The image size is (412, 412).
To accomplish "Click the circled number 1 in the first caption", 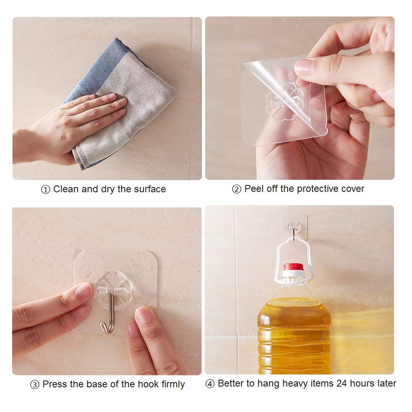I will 46,189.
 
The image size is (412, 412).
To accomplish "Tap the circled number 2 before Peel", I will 236,189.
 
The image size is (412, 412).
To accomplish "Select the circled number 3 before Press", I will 35,385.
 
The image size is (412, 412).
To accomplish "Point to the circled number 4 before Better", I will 210,384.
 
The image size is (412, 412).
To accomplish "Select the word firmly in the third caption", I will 173,384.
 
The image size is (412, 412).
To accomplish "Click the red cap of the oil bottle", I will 293,267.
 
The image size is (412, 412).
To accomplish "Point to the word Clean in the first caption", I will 66,189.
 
